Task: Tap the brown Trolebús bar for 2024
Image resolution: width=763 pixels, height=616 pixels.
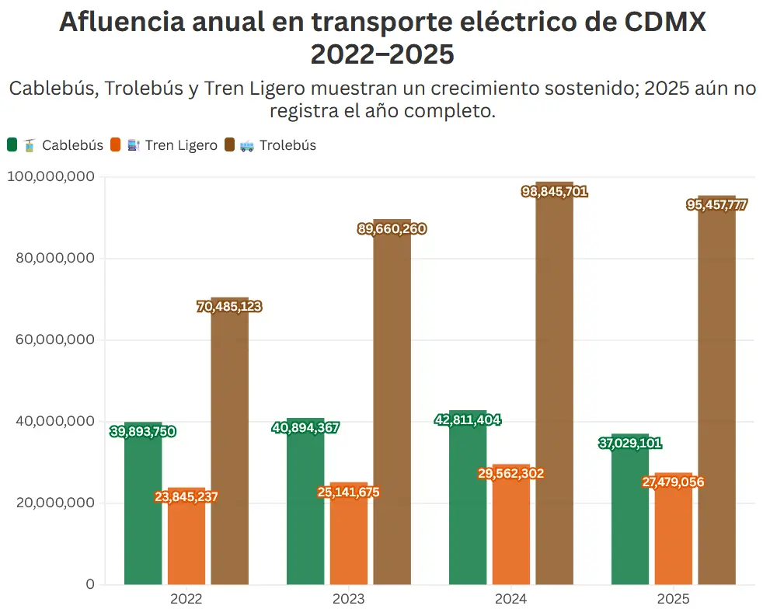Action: [x=554, y=388]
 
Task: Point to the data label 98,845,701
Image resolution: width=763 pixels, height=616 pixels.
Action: [x=554, y=191]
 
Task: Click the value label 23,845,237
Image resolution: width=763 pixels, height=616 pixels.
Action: [x=186, y=497]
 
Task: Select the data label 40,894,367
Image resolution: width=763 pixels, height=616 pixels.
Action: [x=305, y=427]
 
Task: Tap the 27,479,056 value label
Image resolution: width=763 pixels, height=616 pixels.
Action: [x=673, y=482]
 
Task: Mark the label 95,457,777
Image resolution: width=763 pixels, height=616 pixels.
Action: [x=716, y=205]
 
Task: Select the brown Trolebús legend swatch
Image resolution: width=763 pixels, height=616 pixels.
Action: [x=230, y=145]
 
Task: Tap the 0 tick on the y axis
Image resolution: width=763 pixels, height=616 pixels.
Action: [x=90, y=584]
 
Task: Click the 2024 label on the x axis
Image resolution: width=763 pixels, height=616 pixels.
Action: [x=510, y=600]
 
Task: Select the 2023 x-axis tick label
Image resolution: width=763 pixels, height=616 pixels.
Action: [x=348, y=600]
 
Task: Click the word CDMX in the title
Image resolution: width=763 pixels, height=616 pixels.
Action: [x=665, y=22]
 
